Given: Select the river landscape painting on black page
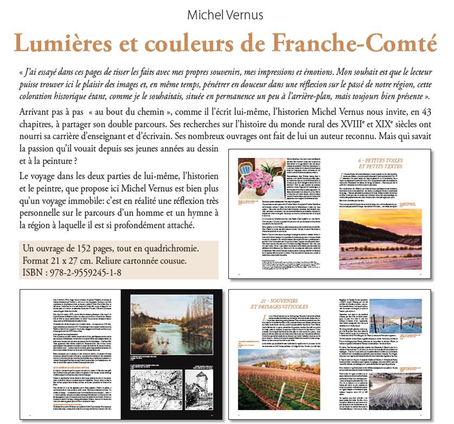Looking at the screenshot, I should (172, 323).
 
